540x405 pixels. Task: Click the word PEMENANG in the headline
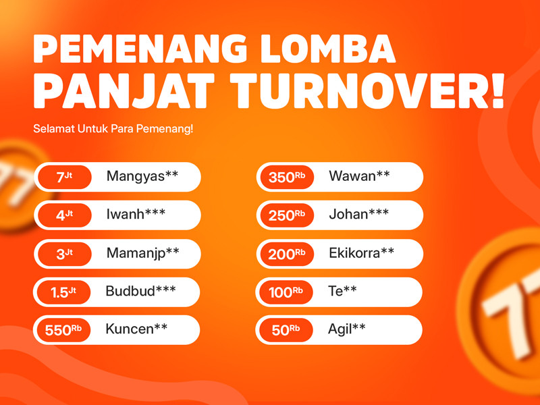[140, 49]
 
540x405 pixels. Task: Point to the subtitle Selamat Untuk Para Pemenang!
[113, 129]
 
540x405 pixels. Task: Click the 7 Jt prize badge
[64, 177]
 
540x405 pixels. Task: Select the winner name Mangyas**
[142, 177]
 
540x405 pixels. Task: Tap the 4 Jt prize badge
[64, 215]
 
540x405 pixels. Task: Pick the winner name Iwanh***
[136, 214]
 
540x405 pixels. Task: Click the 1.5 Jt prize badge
[63, 292]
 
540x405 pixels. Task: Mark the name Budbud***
[140, 291]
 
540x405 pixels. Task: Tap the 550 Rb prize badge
[63, 330]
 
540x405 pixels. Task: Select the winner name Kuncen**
[136, 329]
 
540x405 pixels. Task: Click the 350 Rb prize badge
[287, 177]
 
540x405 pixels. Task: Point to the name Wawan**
[359, 176]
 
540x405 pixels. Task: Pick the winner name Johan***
[359, 214]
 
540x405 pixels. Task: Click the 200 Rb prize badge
[287, 254]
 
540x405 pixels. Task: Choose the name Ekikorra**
[361, 253]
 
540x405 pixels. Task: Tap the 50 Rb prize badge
[286, 330]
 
